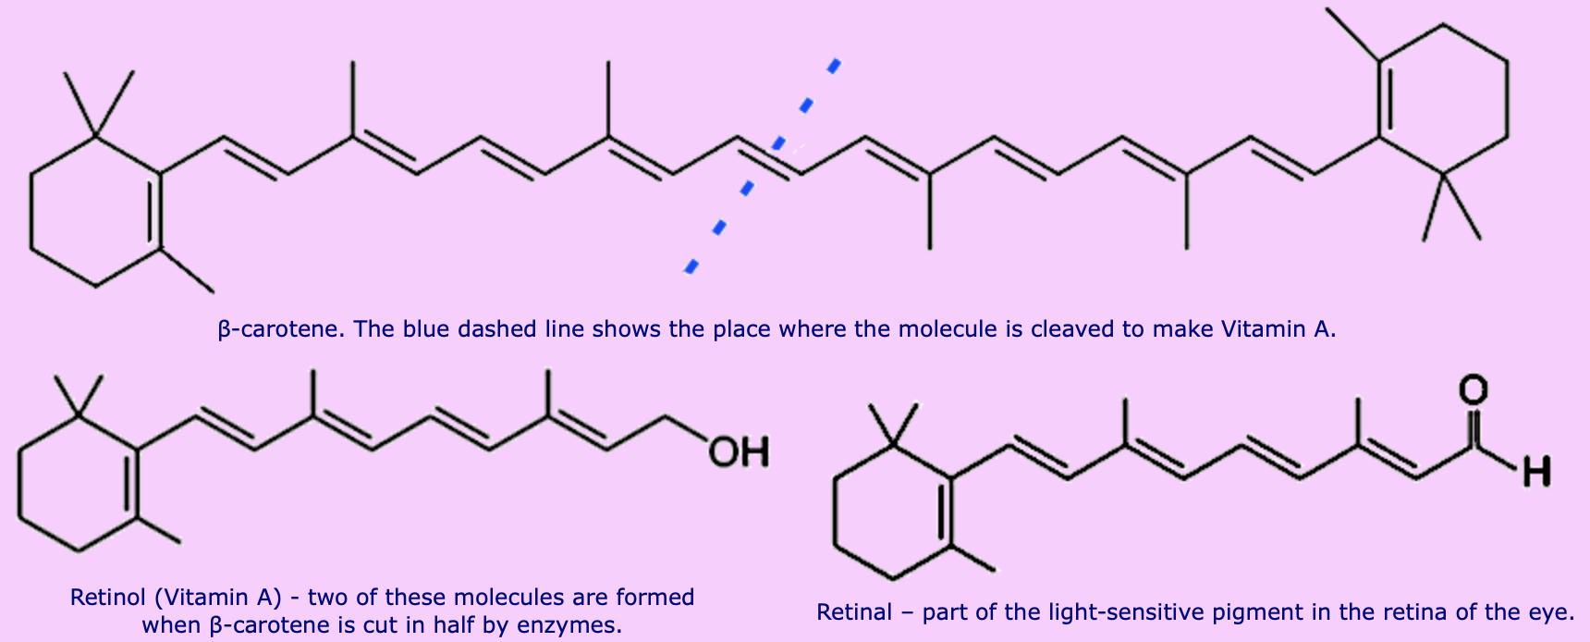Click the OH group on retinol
[740, 452]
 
